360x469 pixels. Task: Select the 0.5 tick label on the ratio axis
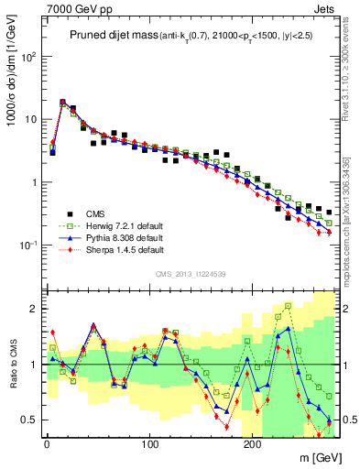tap(28, 420)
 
